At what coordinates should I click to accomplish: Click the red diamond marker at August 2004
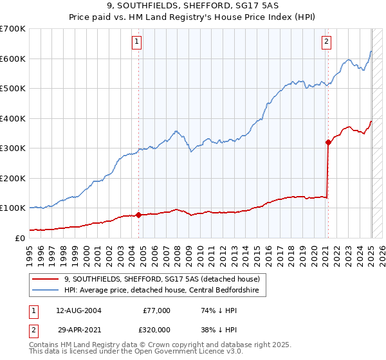(x=138, y=215)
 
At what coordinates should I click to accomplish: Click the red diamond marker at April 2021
(x=328, y=143)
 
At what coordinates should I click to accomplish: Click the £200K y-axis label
(x=12, y=178)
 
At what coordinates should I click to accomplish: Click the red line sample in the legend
(x=46, y=279)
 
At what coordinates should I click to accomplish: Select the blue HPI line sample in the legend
(x=46, y=291)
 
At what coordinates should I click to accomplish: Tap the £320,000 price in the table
(x=156, y=328)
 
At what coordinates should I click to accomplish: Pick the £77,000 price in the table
(x=156, y=310)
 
